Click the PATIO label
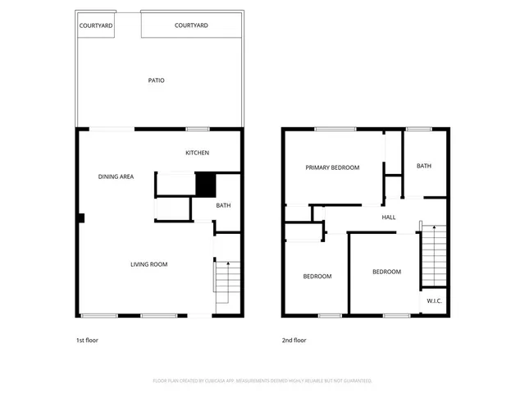(156, 80)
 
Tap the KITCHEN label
(197, 153)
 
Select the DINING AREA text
(116, 176)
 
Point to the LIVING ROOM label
(149, 264)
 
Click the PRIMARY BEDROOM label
(332, 167)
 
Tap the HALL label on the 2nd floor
(389, 218)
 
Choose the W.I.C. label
(435, 301)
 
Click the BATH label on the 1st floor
(223, 205)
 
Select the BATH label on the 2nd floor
(424, 166)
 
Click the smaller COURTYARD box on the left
(96, 25)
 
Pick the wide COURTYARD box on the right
(191, 25)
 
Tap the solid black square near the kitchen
(204, 183)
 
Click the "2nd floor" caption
(294, 340)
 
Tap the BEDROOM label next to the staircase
(386, 272)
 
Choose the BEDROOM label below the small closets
(317, 277)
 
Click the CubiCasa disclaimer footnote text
(262, 381)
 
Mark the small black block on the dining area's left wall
(81, 218)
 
